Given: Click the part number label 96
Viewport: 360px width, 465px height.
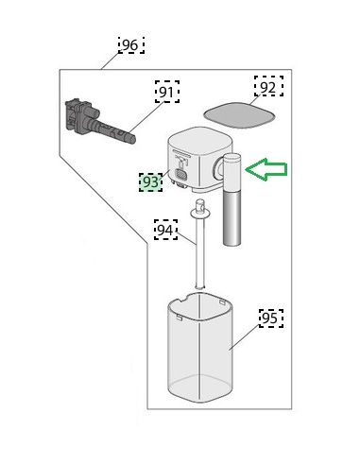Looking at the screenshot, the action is (131, 45).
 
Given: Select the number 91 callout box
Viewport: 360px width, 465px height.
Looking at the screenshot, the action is (167, 92).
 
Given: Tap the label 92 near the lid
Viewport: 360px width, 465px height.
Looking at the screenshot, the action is (268, 86).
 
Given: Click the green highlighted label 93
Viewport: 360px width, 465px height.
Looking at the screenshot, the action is (151, 182).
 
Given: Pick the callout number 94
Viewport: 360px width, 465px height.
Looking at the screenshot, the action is (165, 230).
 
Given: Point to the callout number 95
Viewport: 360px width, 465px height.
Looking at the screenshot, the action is (271, 319).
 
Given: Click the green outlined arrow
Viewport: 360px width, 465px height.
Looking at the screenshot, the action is (266, 169).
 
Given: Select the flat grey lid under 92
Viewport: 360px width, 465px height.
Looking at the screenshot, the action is (239, 115).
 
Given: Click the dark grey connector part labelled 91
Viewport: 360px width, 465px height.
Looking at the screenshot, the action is (97, 121).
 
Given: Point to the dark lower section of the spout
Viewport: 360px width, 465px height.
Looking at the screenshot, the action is (232, 218).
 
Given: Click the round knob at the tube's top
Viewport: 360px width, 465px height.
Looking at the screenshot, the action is (199, 204).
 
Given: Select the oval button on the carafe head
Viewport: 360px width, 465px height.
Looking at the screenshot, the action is (180, 174).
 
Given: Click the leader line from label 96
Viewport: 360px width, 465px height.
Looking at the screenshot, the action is (111, 60).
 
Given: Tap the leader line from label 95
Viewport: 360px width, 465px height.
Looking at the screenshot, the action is (245, 337).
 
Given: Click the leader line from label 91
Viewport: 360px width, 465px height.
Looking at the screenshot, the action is (146, 116).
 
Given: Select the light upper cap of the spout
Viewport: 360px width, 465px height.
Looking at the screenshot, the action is (232, 172).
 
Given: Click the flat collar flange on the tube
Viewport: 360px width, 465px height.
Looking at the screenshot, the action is (199, 214).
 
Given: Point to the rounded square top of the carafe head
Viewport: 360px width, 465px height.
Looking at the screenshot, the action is (200, 139).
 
